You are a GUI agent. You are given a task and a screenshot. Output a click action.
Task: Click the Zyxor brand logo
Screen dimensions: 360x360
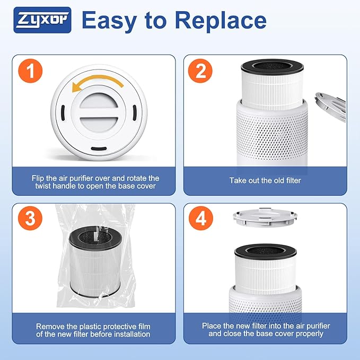coord(42,20)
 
